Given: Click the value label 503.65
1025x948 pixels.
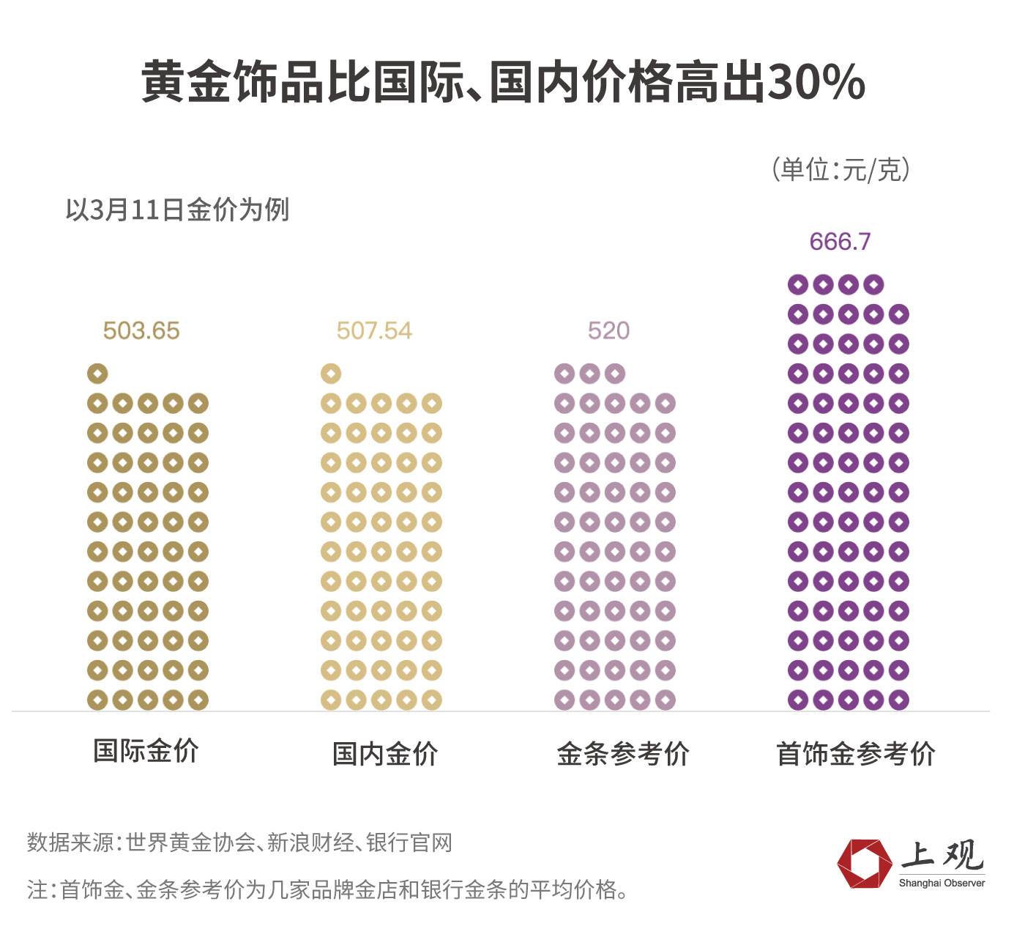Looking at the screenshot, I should (x=141, y=330).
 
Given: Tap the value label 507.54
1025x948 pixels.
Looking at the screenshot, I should (x=374, y=330).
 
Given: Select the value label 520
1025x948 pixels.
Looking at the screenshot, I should (x=608, y=330).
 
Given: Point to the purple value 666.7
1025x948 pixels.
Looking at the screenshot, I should (x=840, y=242).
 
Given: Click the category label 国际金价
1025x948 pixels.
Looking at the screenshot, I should (x=146, y=751).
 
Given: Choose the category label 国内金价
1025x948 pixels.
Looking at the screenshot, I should (x=385, y=754).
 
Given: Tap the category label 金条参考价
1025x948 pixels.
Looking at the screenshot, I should (x=623, y=754).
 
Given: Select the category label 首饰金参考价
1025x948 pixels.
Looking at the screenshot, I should (x=856, y=754).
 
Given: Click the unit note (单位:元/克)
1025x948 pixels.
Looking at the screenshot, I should (x=840, y=169).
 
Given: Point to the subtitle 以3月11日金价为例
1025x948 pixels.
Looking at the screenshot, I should (x=177, y=210).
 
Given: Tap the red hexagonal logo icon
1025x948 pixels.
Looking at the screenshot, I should (x=864, y=864).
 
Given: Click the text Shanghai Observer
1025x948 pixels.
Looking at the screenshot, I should (x=942, y=884).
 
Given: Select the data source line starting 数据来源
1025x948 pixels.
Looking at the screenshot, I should (x=239, y=843).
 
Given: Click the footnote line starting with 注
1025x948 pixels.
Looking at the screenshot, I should (x=327, y=889).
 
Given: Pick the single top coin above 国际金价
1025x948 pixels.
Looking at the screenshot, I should (x=97, y=374).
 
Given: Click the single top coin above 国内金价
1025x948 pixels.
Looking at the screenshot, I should (x=331, y=374).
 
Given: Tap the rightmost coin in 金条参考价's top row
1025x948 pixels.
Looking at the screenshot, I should (x=615, y=374).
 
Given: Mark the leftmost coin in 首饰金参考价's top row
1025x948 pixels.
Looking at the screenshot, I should (x=798, y=284).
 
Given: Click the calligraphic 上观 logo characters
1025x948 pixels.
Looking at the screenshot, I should (x=942, y=855).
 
